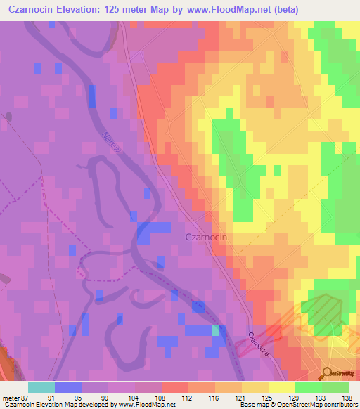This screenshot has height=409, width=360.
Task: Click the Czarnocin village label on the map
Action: click(205, 238)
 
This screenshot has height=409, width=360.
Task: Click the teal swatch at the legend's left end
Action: click(41, 387)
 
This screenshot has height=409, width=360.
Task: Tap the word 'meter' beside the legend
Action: click(11, 396)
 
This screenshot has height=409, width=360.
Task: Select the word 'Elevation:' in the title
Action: click(85, 10)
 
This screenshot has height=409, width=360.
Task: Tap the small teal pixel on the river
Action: click(216, 330)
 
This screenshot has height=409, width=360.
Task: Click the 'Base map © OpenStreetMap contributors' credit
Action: click(297, 405)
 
